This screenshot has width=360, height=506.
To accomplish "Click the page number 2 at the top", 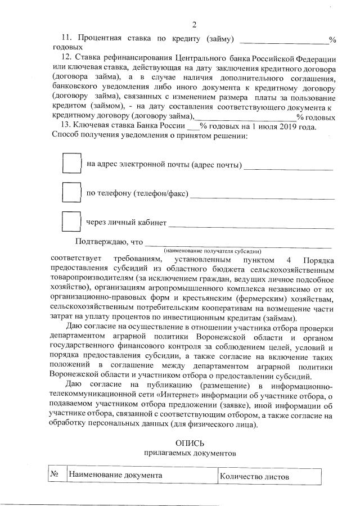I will pos(194,25).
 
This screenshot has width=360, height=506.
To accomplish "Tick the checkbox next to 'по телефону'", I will pos(71,193).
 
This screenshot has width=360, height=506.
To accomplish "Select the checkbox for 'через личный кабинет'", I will pos(71,222).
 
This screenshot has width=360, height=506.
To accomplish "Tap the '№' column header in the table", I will pos(56,475).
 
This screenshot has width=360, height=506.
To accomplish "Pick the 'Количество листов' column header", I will pos(255,476).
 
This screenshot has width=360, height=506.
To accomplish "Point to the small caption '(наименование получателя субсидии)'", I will pos(213,250).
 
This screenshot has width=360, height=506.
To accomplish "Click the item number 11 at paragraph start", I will pos(66,39).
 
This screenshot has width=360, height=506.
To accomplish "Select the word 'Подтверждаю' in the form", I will pos(101,242).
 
